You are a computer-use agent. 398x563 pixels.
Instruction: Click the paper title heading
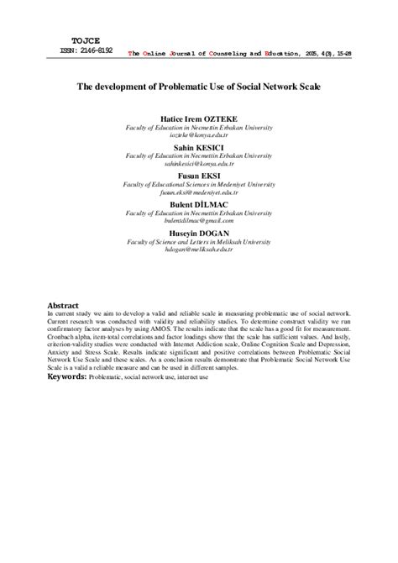(199, 86)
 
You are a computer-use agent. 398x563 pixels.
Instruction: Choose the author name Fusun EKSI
(199, 176)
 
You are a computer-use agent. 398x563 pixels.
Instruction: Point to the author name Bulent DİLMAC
(199, 204)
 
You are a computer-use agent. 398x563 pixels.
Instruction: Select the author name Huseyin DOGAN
(199, 233)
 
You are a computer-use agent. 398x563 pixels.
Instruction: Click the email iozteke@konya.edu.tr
(199, 137)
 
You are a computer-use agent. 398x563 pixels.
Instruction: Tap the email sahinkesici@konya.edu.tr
(199, 165)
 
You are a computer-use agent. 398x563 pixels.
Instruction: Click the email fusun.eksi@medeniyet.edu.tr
(199, 193)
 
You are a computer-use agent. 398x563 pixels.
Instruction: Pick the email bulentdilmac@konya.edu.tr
(199, 222)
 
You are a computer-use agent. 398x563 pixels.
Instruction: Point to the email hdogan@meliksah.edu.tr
(199, 250)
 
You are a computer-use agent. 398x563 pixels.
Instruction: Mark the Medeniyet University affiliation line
(199, 185)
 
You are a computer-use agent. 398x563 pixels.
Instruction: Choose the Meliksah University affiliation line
(199, 241)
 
